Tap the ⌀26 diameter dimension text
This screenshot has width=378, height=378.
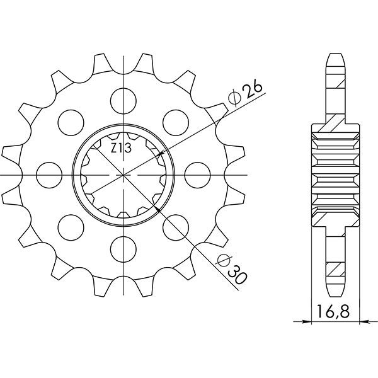click(242, 94)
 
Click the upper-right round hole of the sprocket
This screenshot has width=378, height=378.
click(173, 120)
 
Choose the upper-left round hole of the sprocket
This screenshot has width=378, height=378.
click(67, 120)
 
